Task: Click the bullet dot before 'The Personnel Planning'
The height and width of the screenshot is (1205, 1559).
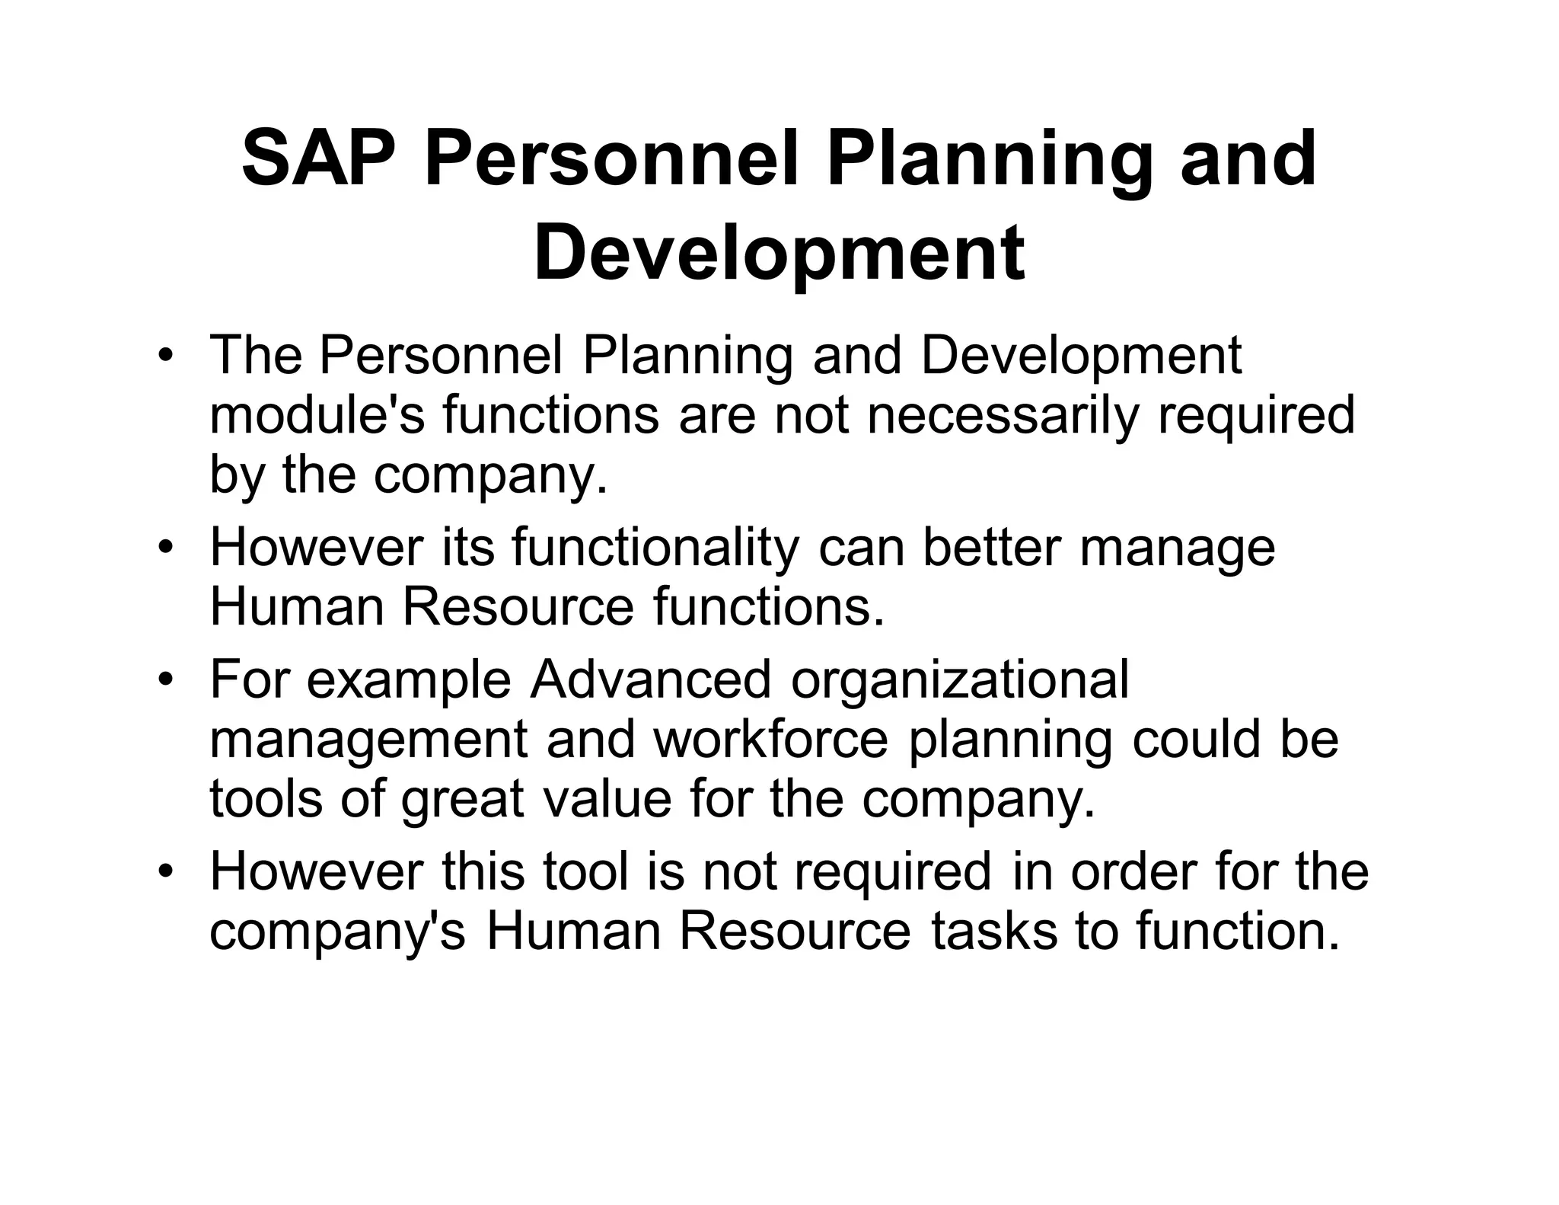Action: [x=164, y=356]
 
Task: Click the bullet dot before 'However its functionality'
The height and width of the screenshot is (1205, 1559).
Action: [x=164, y=548]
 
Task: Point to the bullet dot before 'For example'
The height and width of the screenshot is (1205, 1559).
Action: [x=164, y=679]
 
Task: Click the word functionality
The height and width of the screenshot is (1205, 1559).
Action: [x=655, y=548]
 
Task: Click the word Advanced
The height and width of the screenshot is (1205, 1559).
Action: [x=650, y=679]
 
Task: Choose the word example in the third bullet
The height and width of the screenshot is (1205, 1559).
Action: [x=408, y=679]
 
